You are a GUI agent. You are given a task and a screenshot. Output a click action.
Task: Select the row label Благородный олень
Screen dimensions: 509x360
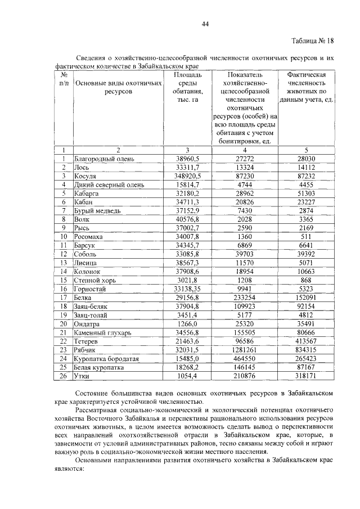(104, 159)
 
